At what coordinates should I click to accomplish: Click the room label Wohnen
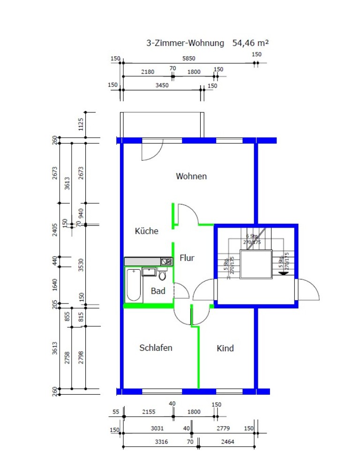click(191, 177)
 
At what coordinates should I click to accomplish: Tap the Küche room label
click(147, 231)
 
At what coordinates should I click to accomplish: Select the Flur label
click(187, 258)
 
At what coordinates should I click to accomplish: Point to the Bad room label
click(158, 291)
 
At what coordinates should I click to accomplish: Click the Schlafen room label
click(156, 348)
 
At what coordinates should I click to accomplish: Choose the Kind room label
click(225, 348)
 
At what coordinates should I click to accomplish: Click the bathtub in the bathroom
click(134, 285)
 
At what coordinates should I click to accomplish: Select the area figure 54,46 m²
click(250, 43)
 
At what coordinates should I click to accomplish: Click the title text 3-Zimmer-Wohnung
click(186, 43)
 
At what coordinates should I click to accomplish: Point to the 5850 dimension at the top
click(189, 59)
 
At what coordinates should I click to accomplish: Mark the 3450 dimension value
click(162, 85)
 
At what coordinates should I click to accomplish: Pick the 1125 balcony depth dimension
click(81, 125)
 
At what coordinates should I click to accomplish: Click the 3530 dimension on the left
click(81, 265)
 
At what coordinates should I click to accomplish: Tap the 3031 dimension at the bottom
click(157, 429)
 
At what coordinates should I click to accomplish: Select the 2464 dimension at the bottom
click(227, 442)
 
